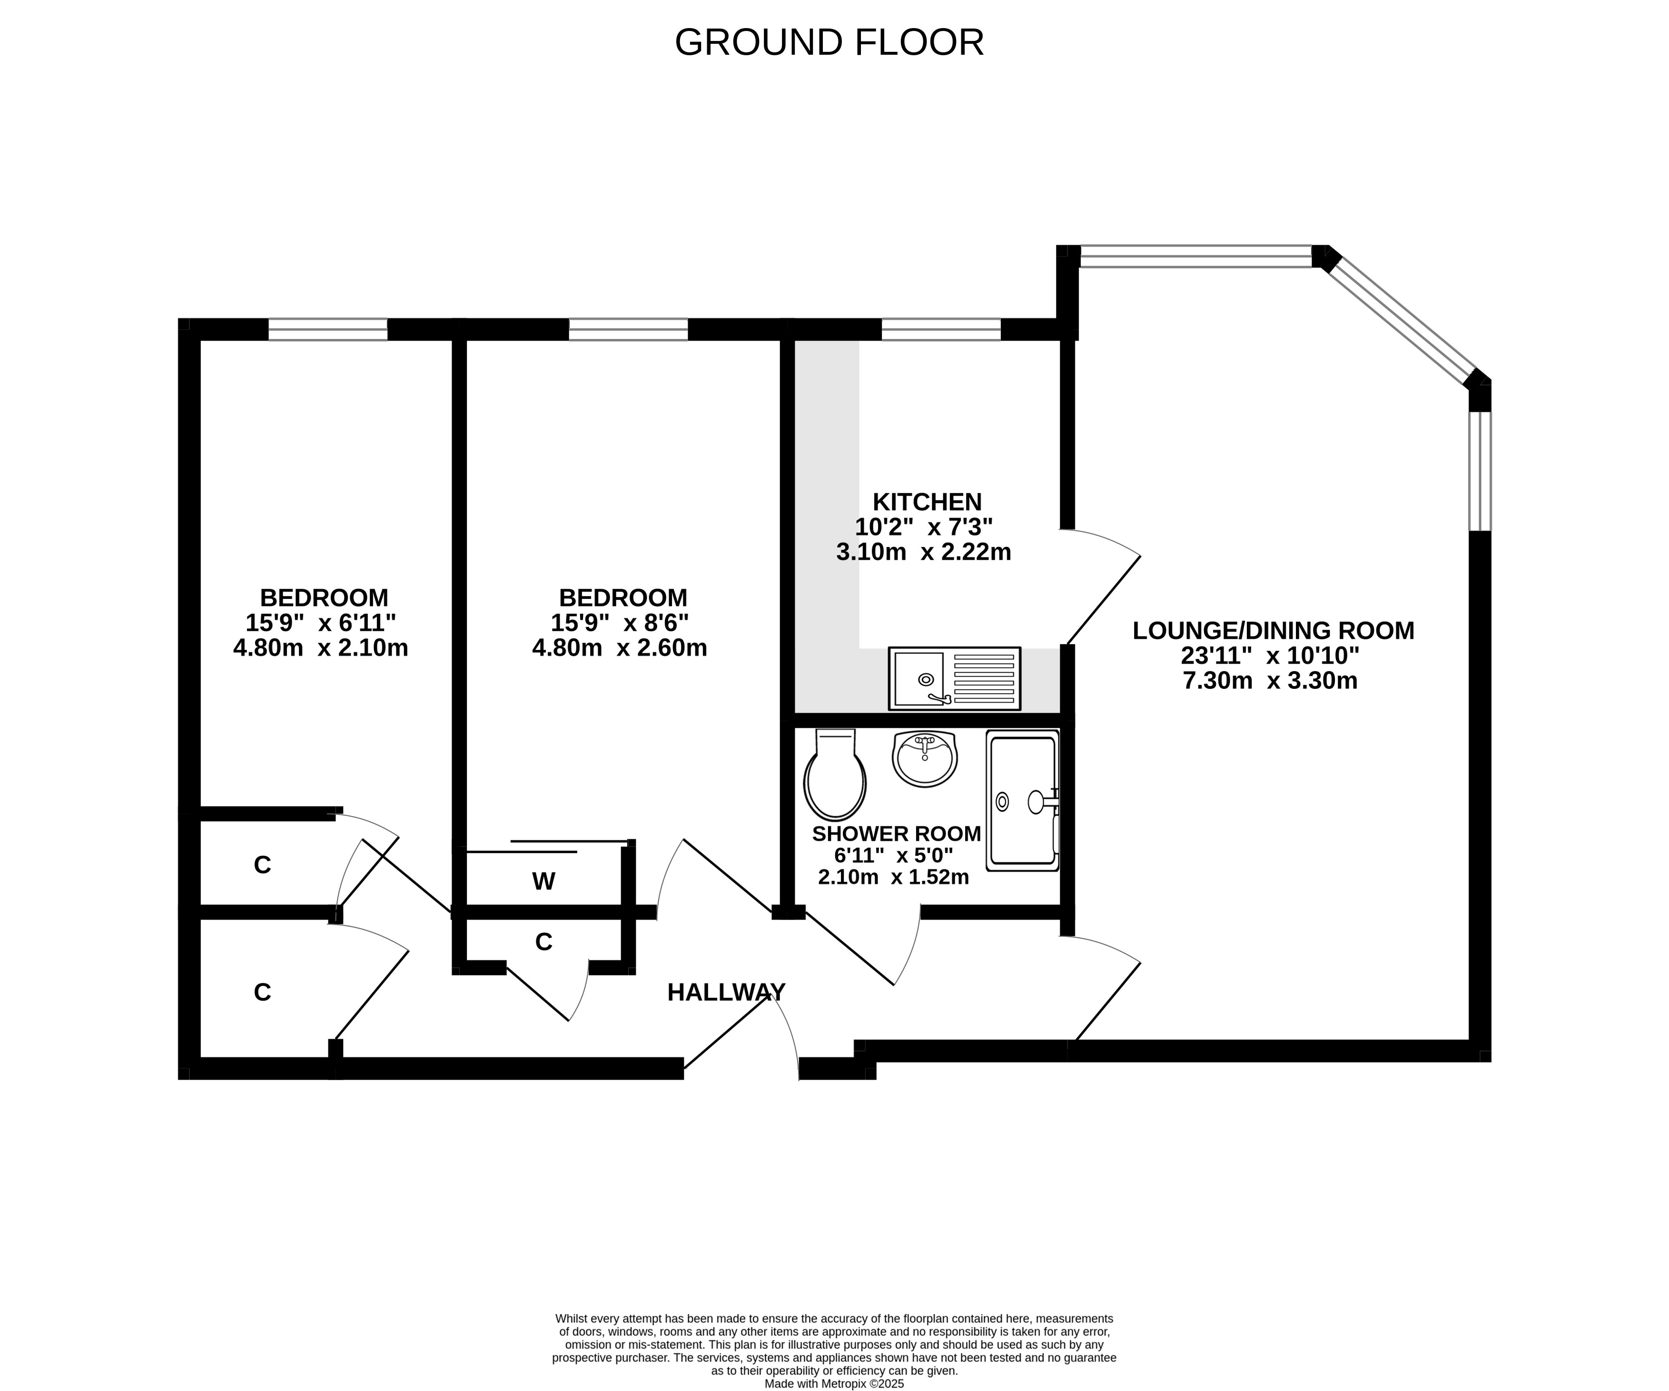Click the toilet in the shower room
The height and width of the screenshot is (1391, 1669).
click(835, 775)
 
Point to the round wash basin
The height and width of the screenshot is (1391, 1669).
click(925, 759)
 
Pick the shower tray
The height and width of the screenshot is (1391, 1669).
click(1023, 800)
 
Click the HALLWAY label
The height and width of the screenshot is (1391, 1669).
click(726, 992)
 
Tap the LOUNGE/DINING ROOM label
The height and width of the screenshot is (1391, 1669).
click(1273, 630)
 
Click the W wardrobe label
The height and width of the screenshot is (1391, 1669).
click(543, 882)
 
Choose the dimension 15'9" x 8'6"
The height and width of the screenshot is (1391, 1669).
click(620, 622)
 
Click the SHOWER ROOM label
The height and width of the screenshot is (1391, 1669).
click(897, 834)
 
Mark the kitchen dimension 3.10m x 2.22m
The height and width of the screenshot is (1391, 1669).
click(924, 552)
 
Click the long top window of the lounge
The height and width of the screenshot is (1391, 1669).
click(1196, 256)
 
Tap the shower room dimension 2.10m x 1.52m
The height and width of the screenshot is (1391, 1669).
click(893, 877)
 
